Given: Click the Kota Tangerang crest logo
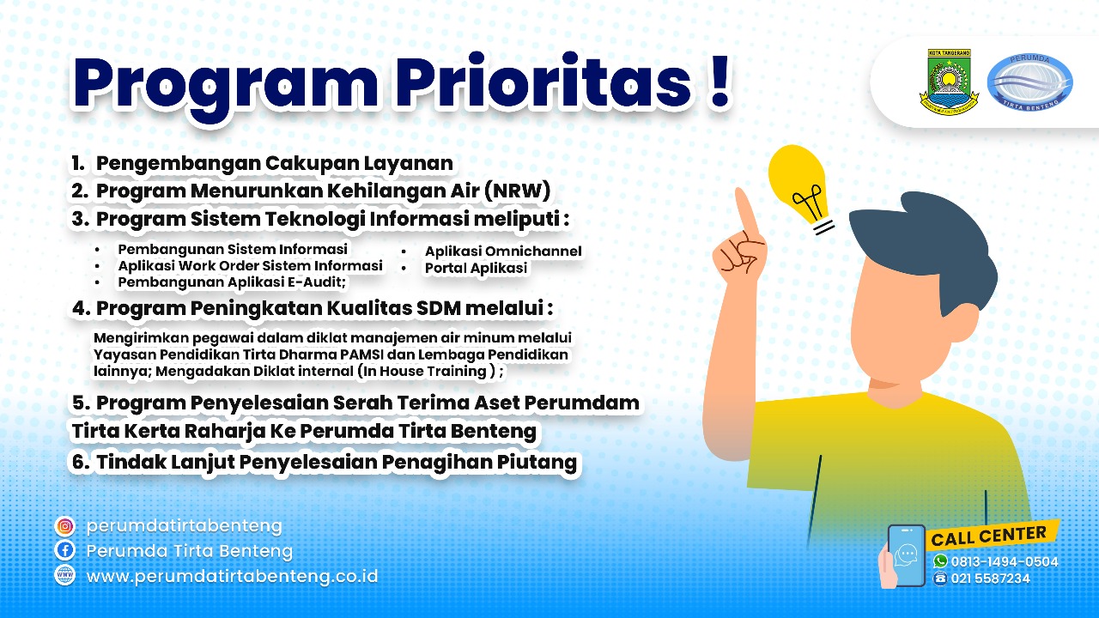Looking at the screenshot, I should tap(949, 82).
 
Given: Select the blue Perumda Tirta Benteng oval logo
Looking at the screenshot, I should tap(1029, 82).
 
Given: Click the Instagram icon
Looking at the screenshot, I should tap(64, 526).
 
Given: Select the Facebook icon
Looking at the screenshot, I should tap(64, 551).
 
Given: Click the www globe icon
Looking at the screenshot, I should tap(64, 575).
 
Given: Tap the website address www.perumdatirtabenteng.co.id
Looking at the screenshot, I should tap(232, 576).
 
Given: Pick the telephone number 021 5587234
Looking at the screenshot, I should tap(990, 579).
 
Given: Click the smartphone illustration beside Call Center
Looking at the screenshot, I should tap(906, 554).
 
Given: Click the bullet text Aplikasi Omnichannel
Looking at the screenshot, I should tap(503, 251).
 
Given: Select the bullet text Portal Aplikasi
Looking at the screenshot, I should tap(476, 268).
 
